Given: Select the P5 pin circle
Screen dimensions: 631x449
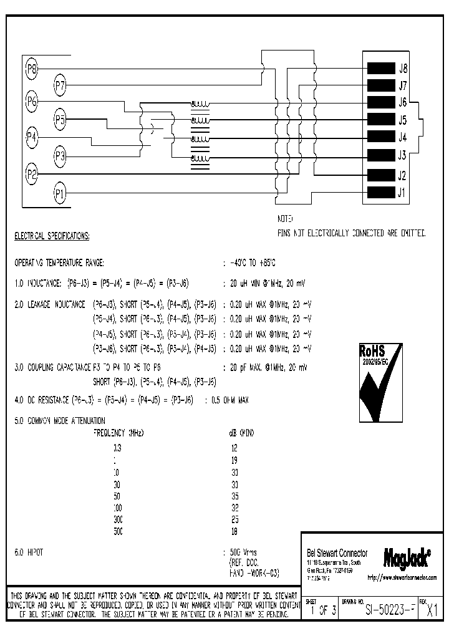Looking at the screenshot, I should pos(60,120).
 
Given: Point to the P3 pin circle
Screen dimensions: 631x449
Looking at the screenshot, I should pos(60,157).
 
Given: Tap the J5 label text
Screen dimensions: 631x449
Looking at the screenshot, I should pos(403,120).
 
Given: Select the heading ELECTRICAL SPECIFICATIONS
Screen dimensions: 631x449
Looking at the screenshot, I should pos(52,236).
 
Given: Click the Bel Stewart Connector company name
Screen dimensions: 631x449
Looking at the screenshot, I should pos(337,553).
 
